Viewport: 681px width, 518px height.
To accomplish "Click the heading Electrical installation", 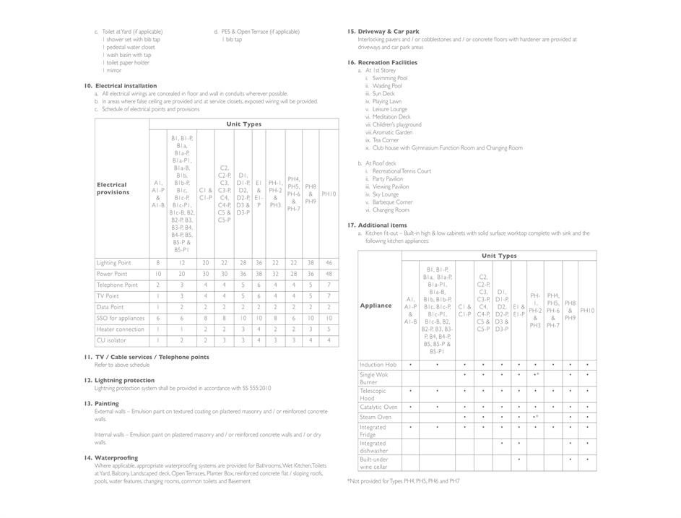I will (126, 86).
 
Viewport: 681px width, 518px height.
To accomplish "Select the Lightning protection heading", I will (124, 380).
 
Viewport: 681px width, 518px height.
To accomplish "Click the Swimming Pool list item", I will (390, 78).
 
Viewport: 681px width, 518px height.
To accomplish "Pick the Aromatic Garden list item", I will (393, 132).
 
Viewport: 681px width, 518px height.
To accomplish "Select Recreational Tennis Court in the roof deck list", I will (402, 171).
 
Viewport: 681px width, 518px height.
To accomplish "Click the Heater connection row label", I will (121, 329).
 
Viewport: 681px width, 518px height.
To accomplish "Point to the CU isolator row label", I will (111, 340).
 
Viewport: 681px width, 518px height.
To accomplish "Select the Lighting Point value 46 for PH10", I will (329, 263).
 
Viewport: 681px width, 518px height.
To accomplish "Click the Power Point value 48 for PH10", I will (329, 274).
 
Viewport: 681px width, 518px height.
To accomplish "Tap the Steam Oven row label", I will (376, 417).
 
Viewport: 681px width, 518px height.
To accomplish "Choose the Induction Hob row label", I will (378, 365).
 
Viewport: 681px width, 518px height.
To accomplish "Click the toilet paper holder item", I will (126, 63).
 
